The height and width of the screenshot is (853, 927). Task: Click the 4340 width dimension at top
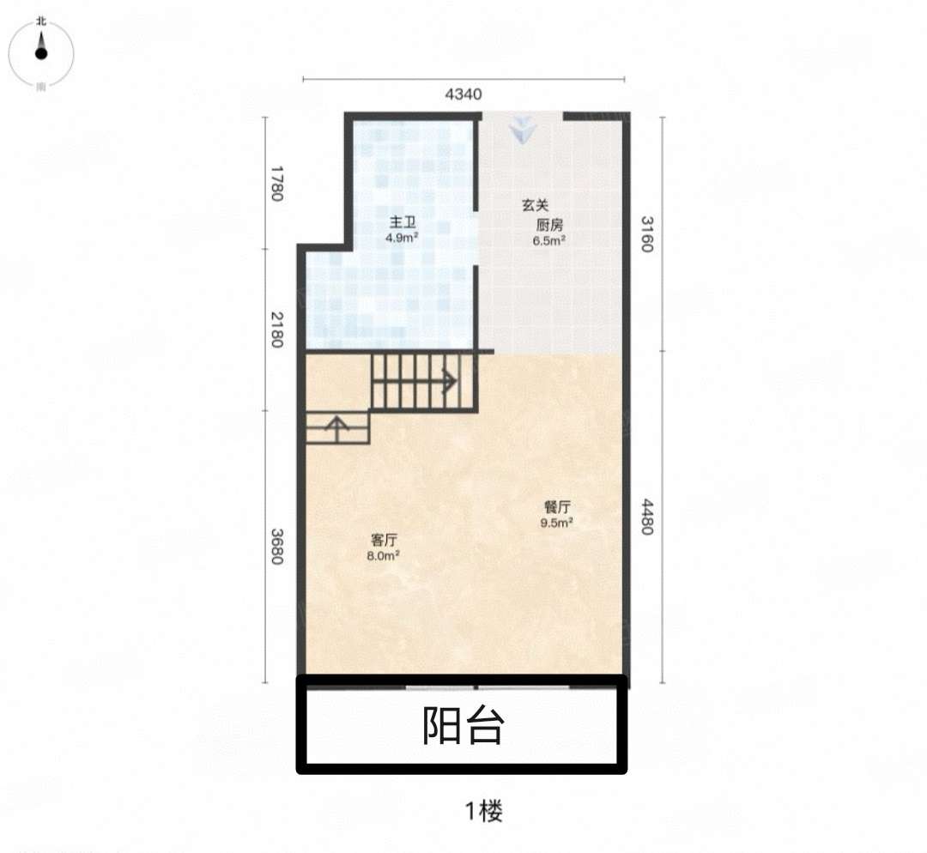(x=463, y=94)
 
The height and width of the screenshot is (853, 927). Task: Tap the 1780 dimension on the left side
(x=276, y=184)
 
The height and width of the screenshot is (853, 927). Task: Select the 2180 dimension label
(x=276, y=330)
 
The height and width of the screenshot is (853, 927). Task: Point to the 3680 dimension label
(x=276, y=546)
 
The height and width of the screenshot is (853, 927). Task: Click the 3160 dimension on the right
(x=647, y=234)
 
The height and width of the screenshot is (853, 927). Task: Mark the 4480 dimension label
(x=647, y=517)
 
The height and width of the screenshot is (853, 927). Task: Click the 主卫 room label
(x=403, y=222)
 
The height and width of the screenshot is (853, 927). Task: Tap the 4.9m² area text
(x=402, y=238)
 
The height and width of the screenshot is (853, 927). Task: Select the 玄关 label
(x=535, y=205)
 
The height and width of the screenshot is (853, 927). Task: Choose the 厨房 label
(x=549, y=225)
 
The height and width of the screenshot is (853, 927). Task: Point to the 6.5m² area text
(x=548, y=240)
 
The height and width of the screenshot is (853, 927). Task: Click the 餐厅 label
(x=557, y=507)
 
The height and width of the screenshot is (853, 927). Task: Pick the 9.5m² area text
(x=556, y=523)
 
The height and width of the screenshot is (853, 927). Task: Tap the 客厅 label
(x=384, y=540)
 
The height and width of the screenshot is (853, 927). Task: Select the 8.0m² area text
(x=383, y=556)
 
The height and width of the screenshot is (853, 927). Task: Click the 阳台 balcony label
(x=463, y=725)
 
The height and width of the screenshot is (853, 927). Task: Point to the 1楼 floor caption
(x=483, y=811)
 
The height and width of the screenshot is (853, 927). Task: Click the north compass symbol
(x=41, y=53)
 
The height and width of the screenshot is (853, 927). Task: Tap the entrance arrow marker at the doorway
(x=523, y=130)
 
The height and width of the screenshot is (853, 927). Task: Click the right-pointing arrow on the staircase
(x=450, y=381)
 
